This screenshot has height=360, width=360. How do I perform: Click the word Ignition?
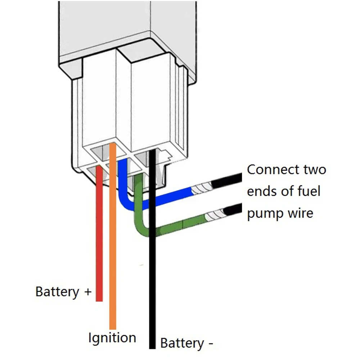coord(112,338)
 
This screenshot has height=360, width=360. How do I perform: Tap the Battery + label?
coord(64,292)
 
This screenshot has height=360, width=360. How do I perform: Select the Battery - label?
coord(186,343)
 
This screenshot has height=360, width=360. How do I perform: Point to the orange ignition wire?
coord(113,236)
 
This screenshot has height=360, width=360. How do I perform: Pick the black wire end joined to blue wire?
coord(226,180)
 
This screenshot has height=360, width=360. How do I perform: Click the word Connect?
coord(273,170)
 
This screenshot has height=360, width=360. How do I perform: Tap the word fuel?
coord(309,191)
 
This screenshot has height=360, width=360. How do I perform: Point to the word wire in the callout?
coord(301,213)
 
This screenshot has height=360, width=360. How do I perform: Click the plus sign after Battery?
coord(88,292)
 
